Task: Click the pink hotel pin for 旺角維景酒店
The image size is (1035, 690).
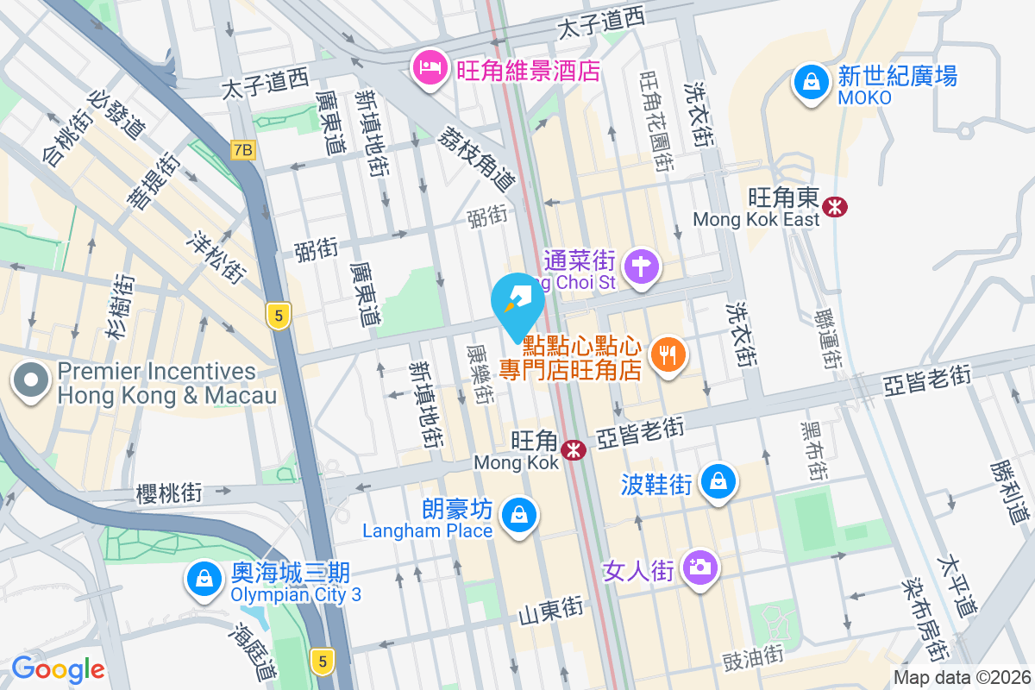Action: (x=429, y=68)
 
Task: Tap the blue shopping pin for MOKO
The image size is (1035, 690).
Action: (x=811, y=83)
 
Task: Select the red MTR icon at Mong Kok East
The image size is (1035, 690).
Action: (x=835, y=206)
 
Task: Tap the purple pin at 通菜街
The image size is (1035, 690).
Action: (x=641, y=266)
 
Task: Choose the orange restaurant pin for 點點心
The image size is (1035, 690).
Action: (x=668, y=354)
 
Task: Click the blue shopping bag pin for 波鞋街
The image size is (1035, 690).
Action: (x=718, y=481)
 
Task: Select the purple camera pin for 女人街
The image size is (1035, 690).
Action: (x=699, y=568)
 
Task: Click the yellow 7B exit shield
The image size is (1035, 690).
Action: (x=243, y=150)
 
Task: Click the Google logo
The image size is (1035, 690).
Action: (x=58, y=668)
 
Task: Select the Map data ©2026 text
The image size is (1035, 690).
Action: (x=961, y=678)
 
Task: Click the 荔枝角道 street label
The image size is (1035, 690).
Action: (x=477, y=158)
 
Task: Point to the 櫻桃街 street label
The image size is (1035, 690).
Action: (x=168, y=493)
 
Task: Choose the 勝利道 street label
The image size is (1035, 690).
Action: (x=1010, y=492)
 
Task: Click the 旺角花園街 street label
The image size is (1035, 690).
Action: (x=655, y=121)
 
